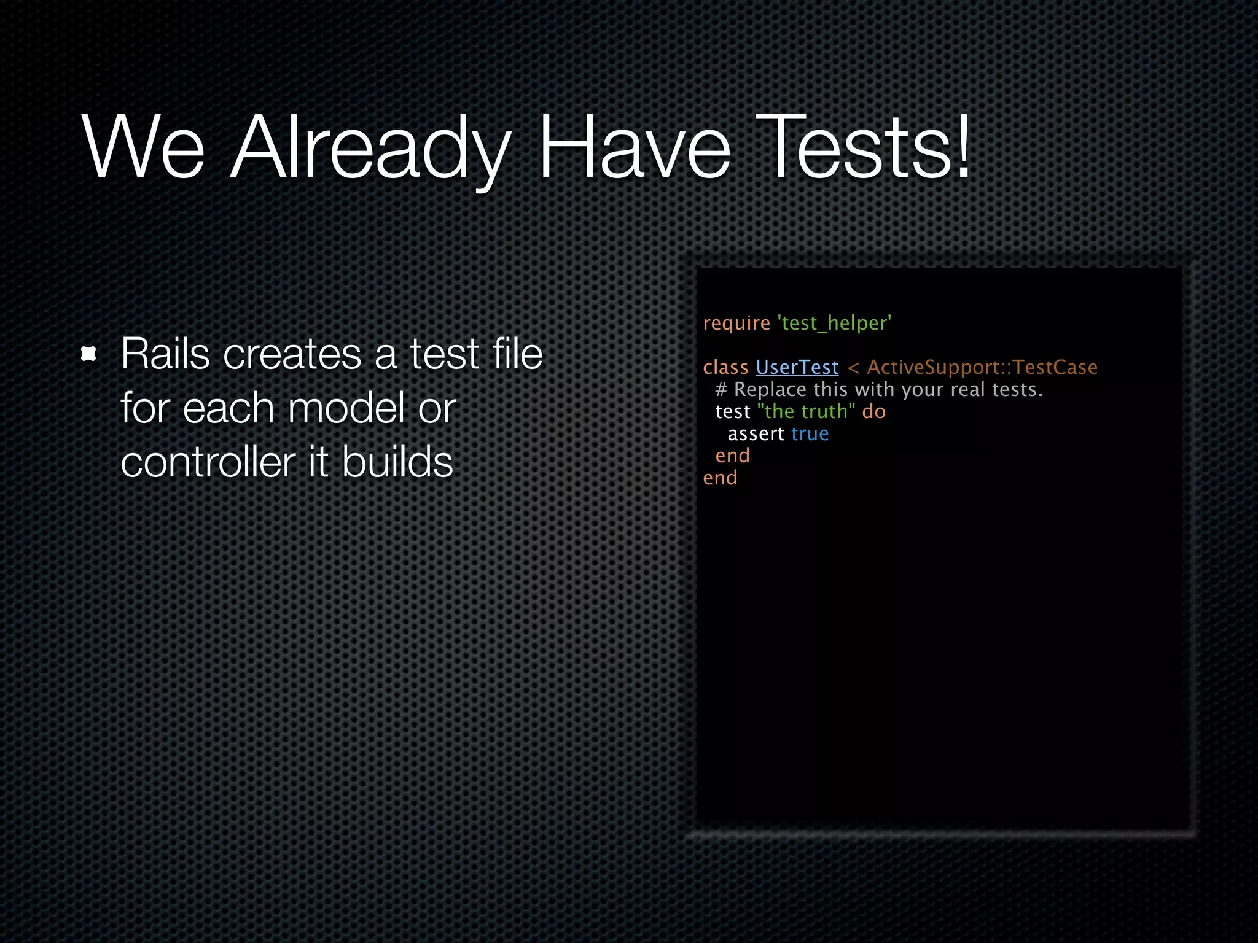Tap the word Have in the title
coord(633,149)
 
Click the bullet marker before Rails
coord(89,354)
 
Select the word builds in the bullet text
coord(397,462)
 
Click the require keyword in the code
coord(736,324)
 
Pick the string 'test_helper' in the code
coord(834,324)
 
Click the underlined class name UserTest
coord(797,367)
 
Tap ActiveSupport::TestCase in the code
coord(982,367)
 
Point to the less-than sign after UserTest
coord(853,368)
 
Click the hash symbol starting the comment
coord(721,390)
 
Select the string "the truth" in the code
coord(806,411)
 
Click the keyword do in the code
coord(873,411)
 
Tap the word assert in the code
coord(756,434)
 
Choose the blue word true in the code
coord(810,434)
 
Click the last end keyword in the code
coord(720,478)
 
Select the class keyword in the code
coord(725,367)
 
